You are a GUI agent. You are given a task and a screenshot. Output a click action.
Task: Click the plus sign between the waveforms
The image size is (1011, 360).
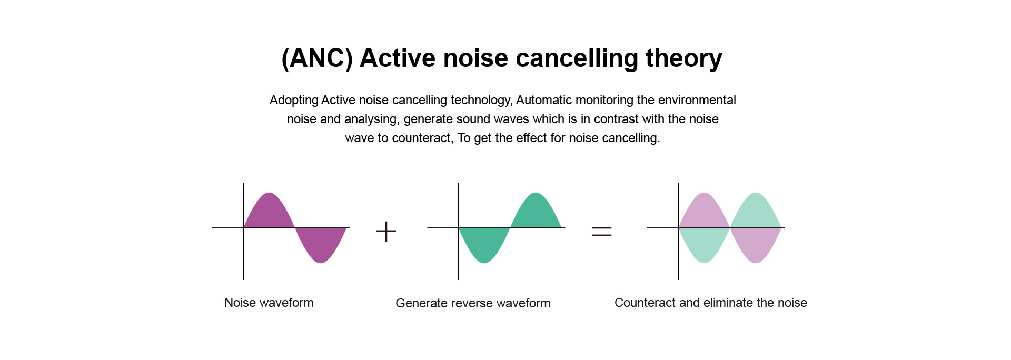(x=386, y=232)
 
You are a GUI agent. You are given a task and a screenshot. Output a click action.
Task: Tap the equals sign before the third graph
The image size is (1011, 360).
(x=601, y=231)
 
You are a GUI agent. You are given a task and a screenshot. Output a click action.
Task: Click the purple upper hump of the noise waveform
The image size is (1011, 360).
(x=269, y=213)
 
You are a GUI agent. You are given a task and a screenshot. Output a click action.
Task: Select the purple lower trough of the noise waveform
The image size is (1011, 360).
(x=321, y=243)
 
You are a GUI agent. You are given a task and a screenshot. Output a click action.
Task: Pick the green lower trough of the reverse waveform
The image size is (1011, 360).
(x=484, y=243)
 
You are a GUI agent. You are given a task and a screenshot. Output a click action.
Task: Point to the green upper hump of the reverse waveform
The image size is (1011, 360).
(x=536, y=213)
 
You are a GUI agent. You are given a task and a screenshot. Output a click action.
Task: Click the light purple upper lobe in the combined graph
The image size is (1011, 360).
(x=704, y=213)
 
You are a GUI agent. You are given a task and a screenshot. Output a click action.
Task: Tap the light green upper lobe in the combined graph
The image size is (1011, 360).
(x=756, y=213)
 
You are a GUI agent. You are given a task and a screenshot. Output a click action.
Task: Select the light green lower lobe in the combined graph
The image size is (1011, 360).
(x=704, y=243)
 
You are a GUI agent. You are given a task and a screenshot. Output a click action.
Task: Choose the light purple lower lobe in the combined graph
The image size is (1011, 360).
(x=756, y=243)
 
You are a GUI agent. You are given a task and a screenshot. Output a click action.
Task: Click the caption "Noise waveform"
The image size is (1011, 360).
(x=269, y=303)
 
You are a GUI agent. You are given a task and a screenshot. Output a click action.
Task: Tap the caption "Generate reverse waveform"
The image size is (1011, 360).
(x=473, y=303)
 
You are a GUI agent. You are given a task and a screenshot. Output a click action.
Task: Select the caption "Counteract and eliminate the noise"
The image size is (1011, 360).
(x=711, y=303)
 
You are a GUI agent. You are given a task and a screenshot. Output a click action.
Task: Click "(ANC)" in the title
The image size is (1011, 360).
(x=317, y=58)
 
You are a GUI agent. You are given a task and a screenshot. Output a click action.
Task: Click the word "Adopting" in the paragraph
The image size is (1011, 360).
(x=294, y=101)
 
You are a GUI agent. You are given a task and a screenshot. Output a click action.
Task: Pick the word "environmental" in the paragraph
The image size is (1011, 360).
(x=697, y=100)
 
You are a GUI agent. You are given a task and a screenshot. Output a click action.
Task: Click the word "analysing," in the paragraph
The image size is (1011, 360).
(x=372, y=119)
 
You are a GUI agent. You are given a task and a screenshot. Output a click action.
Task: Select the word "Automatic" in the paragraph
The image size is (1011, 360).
(x=544, y=100)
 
